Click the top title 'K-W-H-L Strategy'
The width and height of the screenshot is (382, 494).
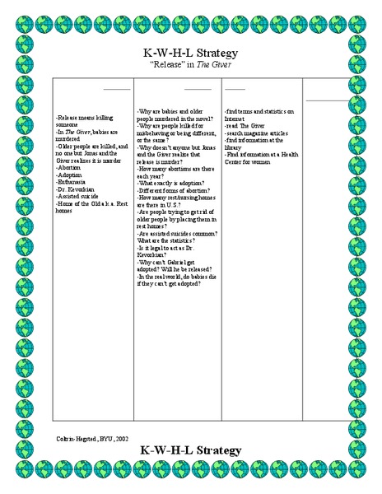[191, 54]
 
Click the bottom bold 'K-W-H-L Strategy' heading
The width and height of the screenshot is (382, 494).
[191, 450]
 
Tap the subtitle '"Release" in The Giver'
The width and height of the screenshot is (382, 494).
[191, 67]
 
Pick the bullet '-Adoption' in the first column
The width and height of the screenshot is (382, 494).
[69, 175]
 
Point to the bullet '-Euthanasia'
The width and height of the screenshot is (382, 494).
[72, 183]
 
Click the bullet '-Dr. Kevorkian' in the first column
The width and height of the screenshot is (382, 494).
[77, 190]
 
